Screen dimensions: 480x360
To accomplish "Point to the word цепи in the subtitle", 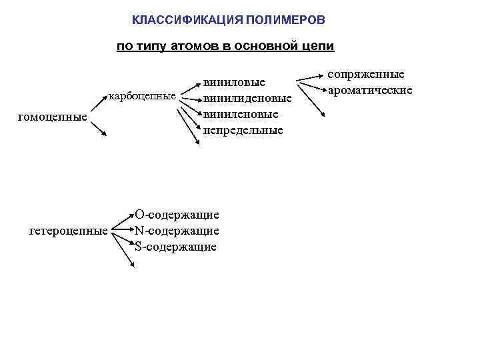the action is click(317, 47).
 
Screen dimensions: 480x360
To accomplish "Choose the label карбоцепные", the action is click(142, 96).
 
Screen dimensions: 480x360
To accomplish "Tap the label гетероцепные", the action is click(69, 231).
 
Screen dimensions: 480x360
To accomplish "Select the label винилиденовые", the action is click(247, 99).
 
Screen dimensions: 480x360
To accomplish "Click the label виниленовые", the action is click(241, 114).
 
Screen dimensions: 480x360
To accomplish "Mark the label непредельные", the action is click(243, 130).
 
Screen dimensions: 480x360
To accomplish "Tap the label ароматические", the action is click(371, 90).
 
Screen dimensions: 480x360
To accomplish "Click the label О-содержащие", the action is click(177, 215).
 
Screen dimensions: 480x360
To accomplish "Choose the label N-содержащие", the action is click(177, 231).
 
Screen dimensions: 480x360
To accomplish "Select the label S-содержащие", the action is click(175, 247).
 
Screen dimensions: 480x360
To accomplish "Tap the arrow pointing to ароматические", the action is click(311, 85).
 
